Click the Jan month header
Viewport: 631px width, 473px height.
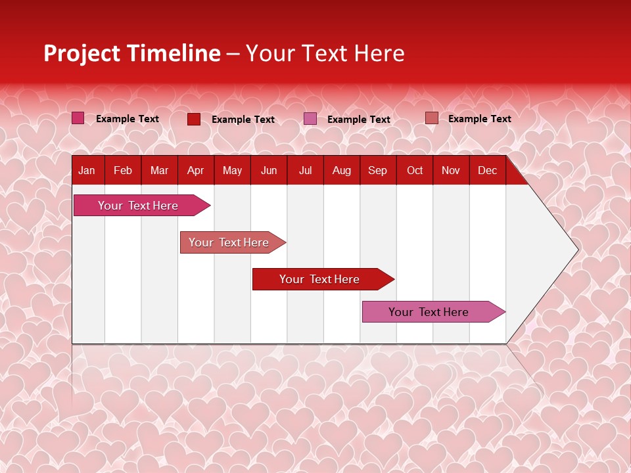pos(87,171)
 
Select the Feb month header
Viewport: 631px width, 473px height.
pos(123,171)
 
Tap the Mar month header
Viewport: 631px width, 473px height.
pos(159,171)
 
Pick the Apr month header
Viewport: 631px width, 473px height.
pos(196,171)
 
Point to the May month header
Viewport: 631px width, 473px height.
pos(232,171)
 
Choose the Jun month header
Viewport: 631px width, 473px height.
pos(269,171)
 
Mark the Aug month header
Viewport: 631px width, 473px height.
pos(342,171)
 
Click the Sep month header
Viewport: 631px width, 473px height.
pos(378,171)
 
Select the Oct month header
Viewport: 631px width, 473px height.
pos(415,171)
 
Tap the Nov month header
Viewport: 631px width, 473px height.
pos(451,171)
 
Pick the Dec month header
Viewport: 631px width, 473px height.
pos(488,171)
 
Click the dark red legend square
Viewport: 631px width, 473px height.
pos(194,119)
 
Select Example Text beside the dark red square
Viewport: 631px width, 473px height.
pos(243,120)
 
